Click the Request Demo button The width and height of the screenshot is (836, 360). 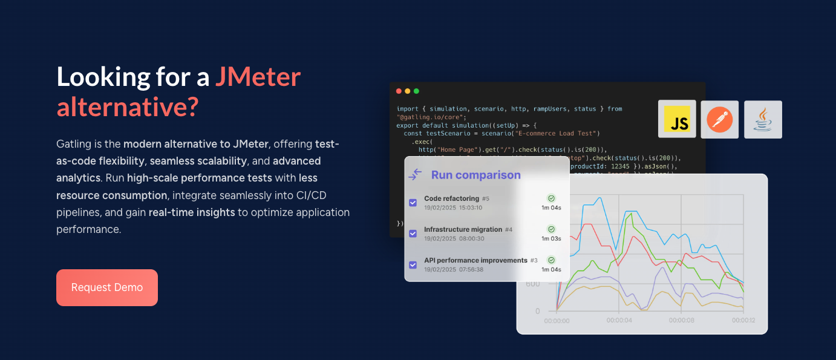click(x=107, y=287)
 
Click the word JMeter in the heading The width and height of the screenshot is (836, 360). click(x=258, y=77)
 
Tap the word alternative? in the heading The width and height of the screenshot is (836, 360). click(x=128, y=107)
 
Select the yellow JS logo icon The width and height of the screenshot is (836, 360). click(x=677, y=119)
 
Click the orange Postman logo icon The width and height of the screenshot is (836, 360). click(x=720, y=119)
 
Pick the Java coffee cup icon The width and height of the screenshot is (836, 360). click(x=763, y=119)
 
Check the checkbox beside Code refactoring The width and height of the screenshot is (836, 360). click(x=413, y=203)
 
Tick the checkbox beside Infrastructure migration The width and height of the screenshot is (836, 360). click(x=413, y=234)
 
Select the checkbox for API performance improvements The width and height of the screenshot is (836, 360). click(x=413, y=264)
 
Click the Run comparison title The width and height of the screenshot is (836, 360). click(x=475, y=175)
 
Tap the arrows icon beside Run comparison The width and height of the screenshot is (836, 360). click(x=415, y=175)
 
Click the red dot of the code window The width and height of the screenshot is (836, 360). click(x=399, y=91)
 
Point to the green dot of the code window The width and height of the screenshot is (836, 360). click(x=416, y=91)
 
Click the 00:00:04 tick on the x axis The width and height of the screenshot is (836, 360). click(x=619, y=321)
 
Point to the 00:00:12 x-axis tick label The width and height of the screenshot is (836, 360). click(x=743, y=321)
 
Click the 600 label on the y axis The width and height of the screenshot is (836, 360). click(x=533, y=284)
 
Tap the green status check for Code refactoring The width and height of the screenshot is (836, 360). click(x=551, y=198)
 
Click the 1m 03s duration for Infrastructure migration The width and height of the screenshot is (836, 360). click(x=551, y=238)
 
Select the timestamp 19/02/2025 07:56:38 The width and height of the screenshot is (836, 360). click(x=454, y=269)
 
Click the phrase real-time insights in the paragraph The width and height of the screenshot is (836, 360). click(x=192, y=212)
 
